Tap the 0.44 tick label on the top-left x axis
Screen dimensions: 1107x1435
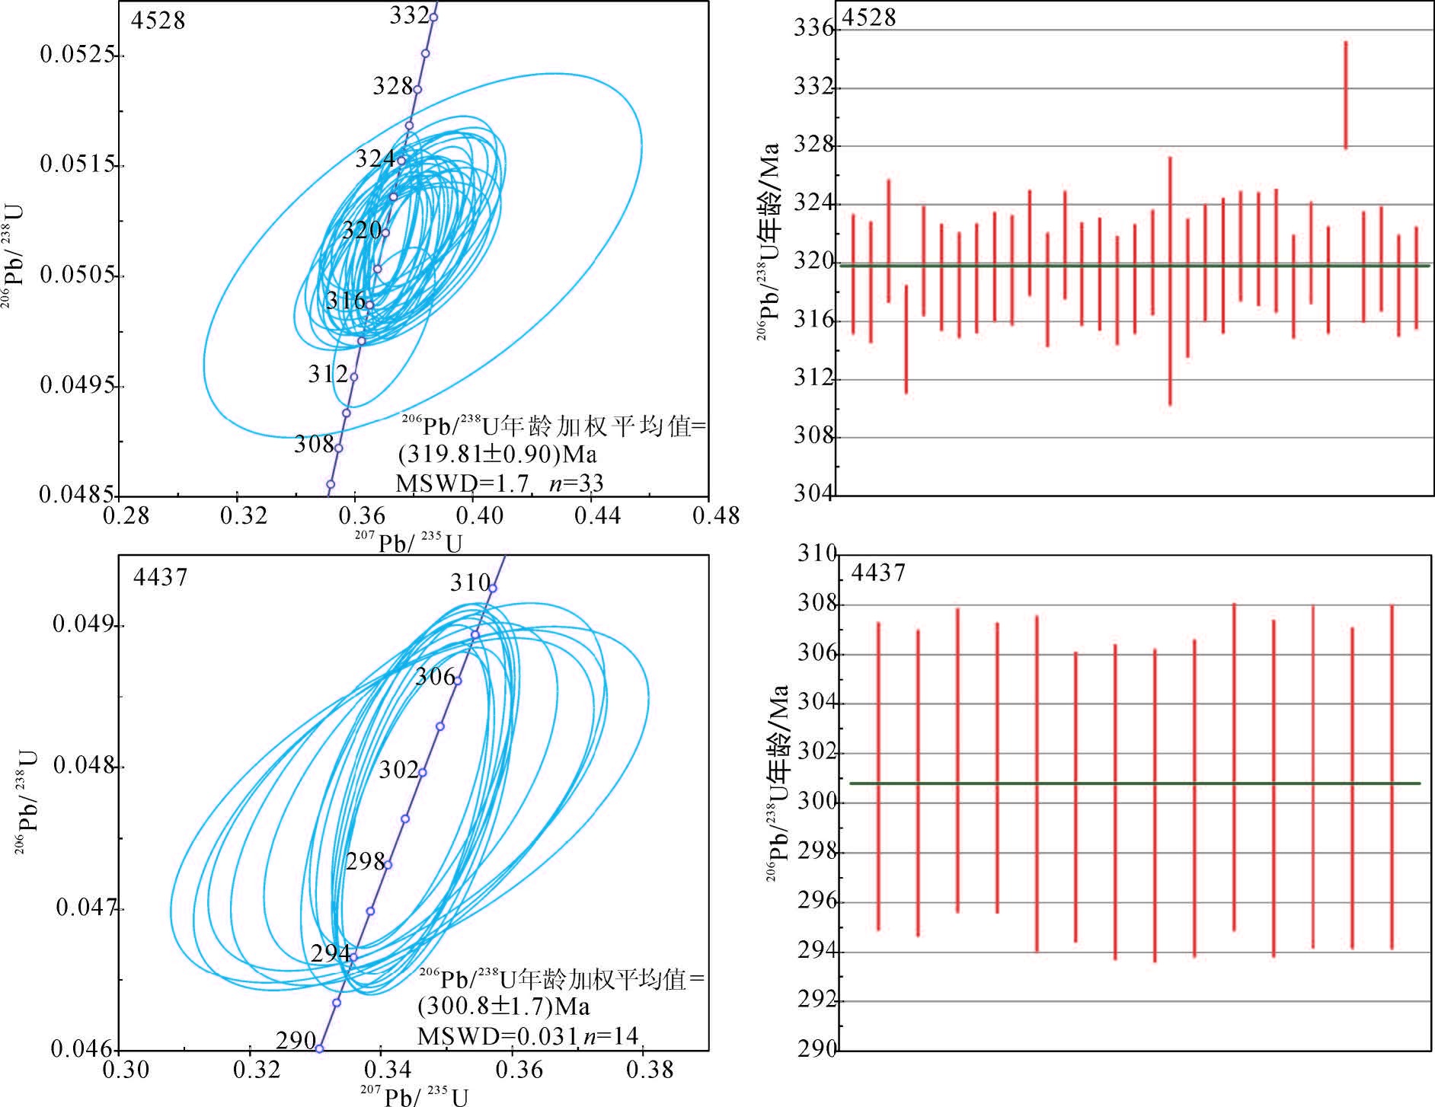pos(597,516)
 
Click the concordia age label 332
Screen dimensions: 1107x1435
pos(409,15)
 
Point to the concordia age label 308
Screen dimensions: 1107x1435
pos(314,444)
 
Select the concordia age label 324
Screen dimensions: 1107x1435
pos(375,158)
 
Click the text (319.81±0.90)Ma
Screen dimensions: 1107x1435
pos(497,455)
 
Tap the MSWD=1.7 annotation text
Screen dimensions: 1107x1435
pos(462,483)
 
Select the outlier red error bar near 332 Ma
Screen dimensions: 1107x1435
pos(1346,95)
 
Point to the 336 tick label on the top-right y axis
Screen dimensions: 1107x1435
pos(813,29)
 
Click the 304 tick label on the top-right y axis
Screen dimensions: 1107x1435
pos(813,494)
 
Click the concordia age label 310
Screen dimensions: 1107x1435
pos(469,582)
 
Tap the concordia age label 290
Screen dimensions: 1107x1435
pos(296,1040)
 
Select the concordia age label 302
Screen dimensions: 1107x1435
pos(398,770)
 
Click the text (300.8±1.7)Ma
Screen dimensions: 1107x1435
pos(503,1007)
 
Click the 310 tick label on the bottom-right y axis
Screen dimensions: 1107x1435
pos(817,553)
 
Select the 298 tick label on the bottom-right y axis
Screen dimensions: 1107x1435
pos(817,851)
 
